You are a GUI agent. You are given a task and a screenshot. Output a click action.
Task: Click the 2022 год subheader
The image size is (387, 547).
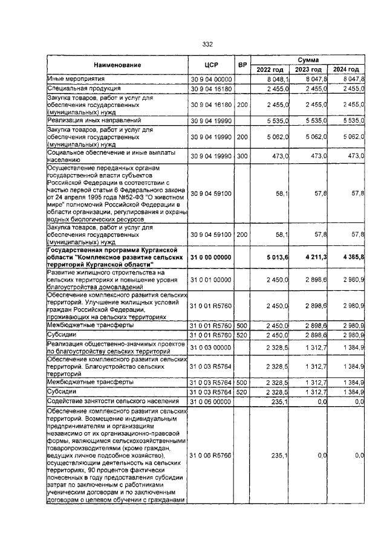coord(270,70)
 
